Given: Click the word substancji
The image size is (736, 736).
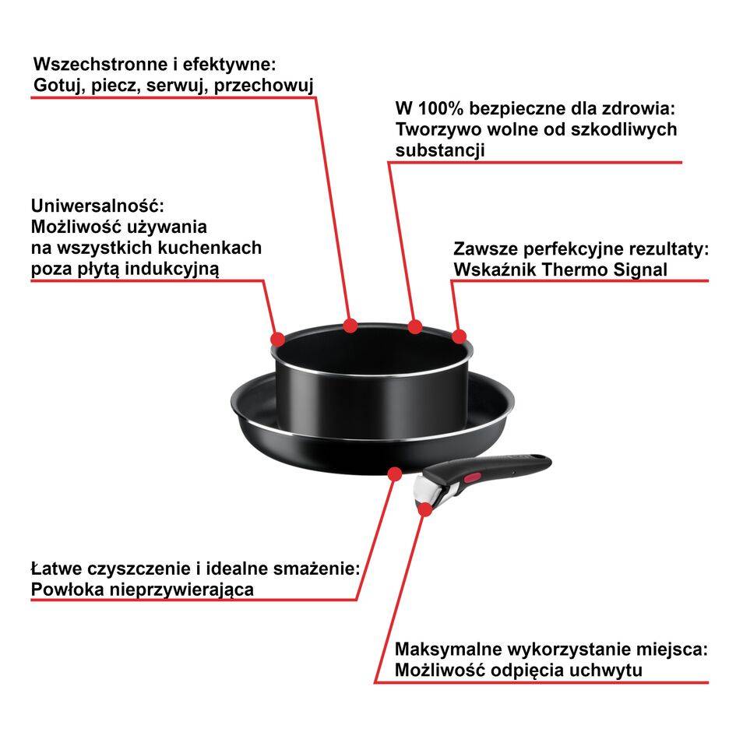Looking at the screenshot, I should coord(440,150).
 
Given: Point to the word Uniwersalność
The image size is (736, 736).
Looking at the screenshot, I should coord(98,206).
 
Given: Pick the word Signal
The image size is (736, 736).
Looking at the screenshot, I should coord(639,269).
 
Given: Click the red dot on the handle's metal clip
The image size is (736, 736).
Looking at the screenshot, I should coord(425,509).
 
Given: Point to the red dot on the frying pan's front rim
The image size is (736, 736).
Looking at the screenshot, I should coord(395,473).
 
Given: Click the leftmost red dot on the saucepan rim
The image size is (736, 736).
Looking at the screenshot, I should coord(277,339).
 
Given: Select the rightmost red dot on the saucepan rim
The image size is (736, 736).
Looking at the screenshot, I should coord(459,336).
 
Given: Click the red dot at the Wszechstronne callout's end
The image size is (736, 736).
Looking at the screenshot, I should coord(350,324).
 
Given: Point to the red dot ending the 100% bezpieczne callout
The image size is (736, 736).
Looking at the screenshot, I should coord(415,326).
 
